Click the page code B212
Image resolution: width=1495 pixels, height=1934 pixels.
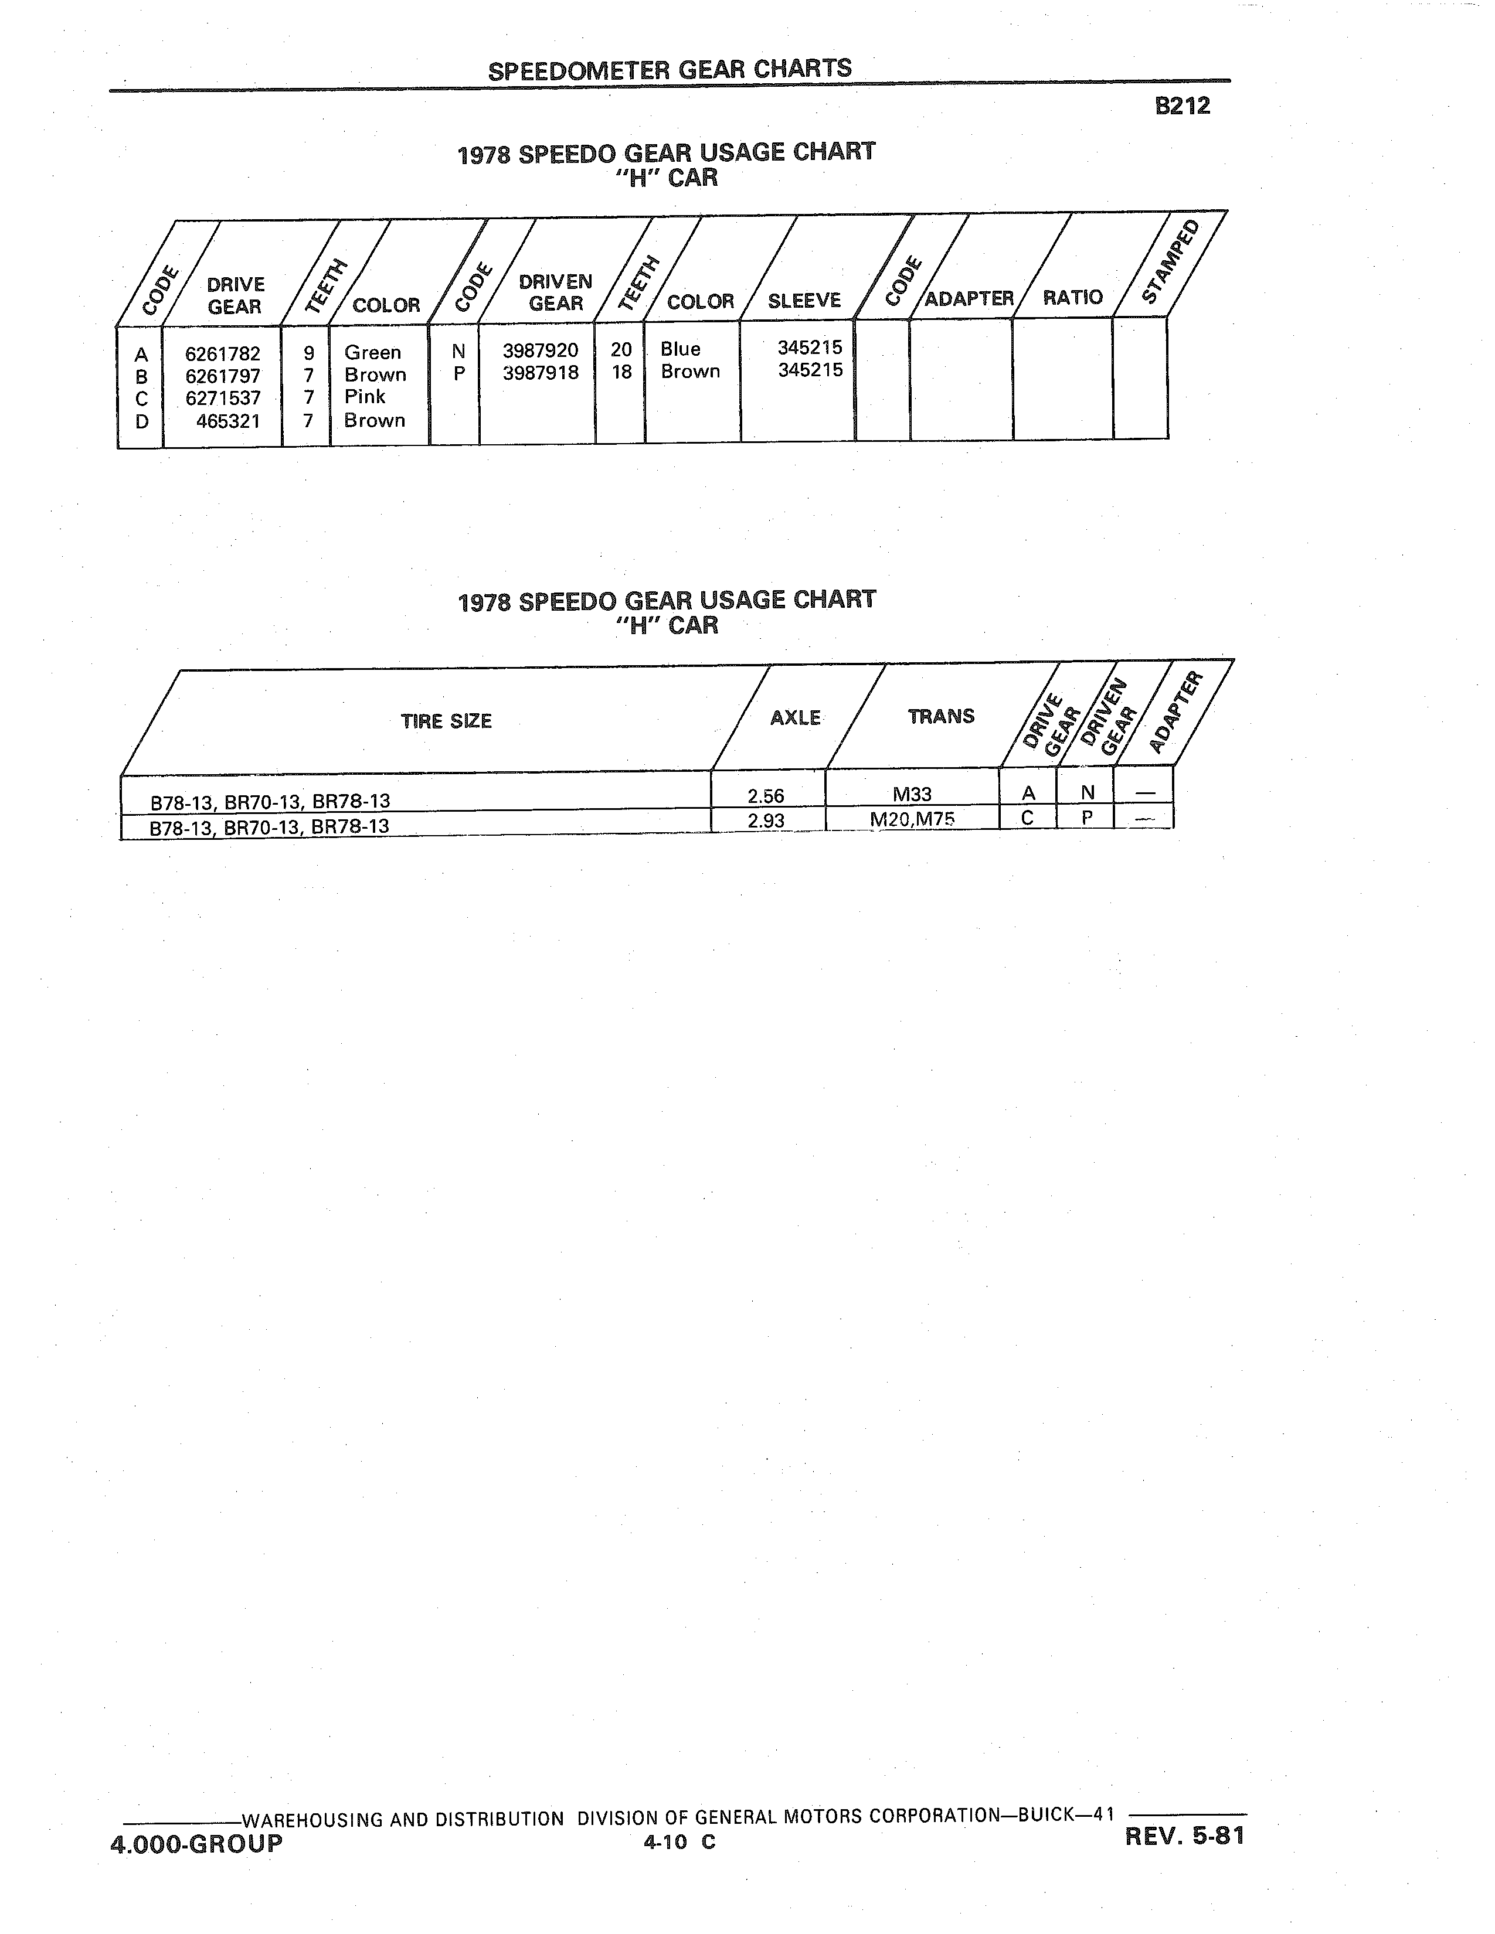(x=1183, y=106)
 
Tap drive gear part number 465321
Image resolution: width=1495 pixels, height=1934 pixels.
(x=229, y=421)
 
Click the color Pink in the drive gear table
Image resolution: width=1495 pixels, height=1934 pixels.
(x=365, y=397)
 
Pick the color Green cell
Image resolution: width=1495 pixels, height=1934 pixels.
(x=373, y=352)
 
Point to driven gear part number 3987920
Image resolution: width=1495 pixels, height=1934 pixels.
(x=541, y=350)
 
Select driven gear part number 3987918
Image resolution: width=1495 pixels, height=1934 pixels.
(x=541, y=373)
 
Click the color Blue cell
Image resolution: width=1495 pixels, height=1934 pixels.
(x=680, y=349)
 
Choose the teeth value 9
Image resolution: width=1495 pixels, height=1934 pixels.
(x=309, y=353)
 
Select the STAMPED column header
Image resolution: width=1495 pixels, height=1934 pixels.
(x=1172, y=261)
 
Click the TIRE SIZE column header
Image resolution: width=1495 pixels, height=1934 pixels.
(x=446, y=721)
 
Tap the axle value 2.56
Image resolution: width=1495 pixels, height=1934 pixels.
(x=766, y=796)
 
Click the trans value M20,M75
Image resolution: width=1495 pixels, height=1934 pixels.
(x=912, y=819)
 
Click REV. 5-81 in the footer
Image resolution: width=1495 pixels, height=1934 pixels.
(x=1185, y=1837)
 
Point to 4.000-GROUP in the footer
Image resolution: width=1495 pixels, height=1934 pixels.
(x=196, y=1844)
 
